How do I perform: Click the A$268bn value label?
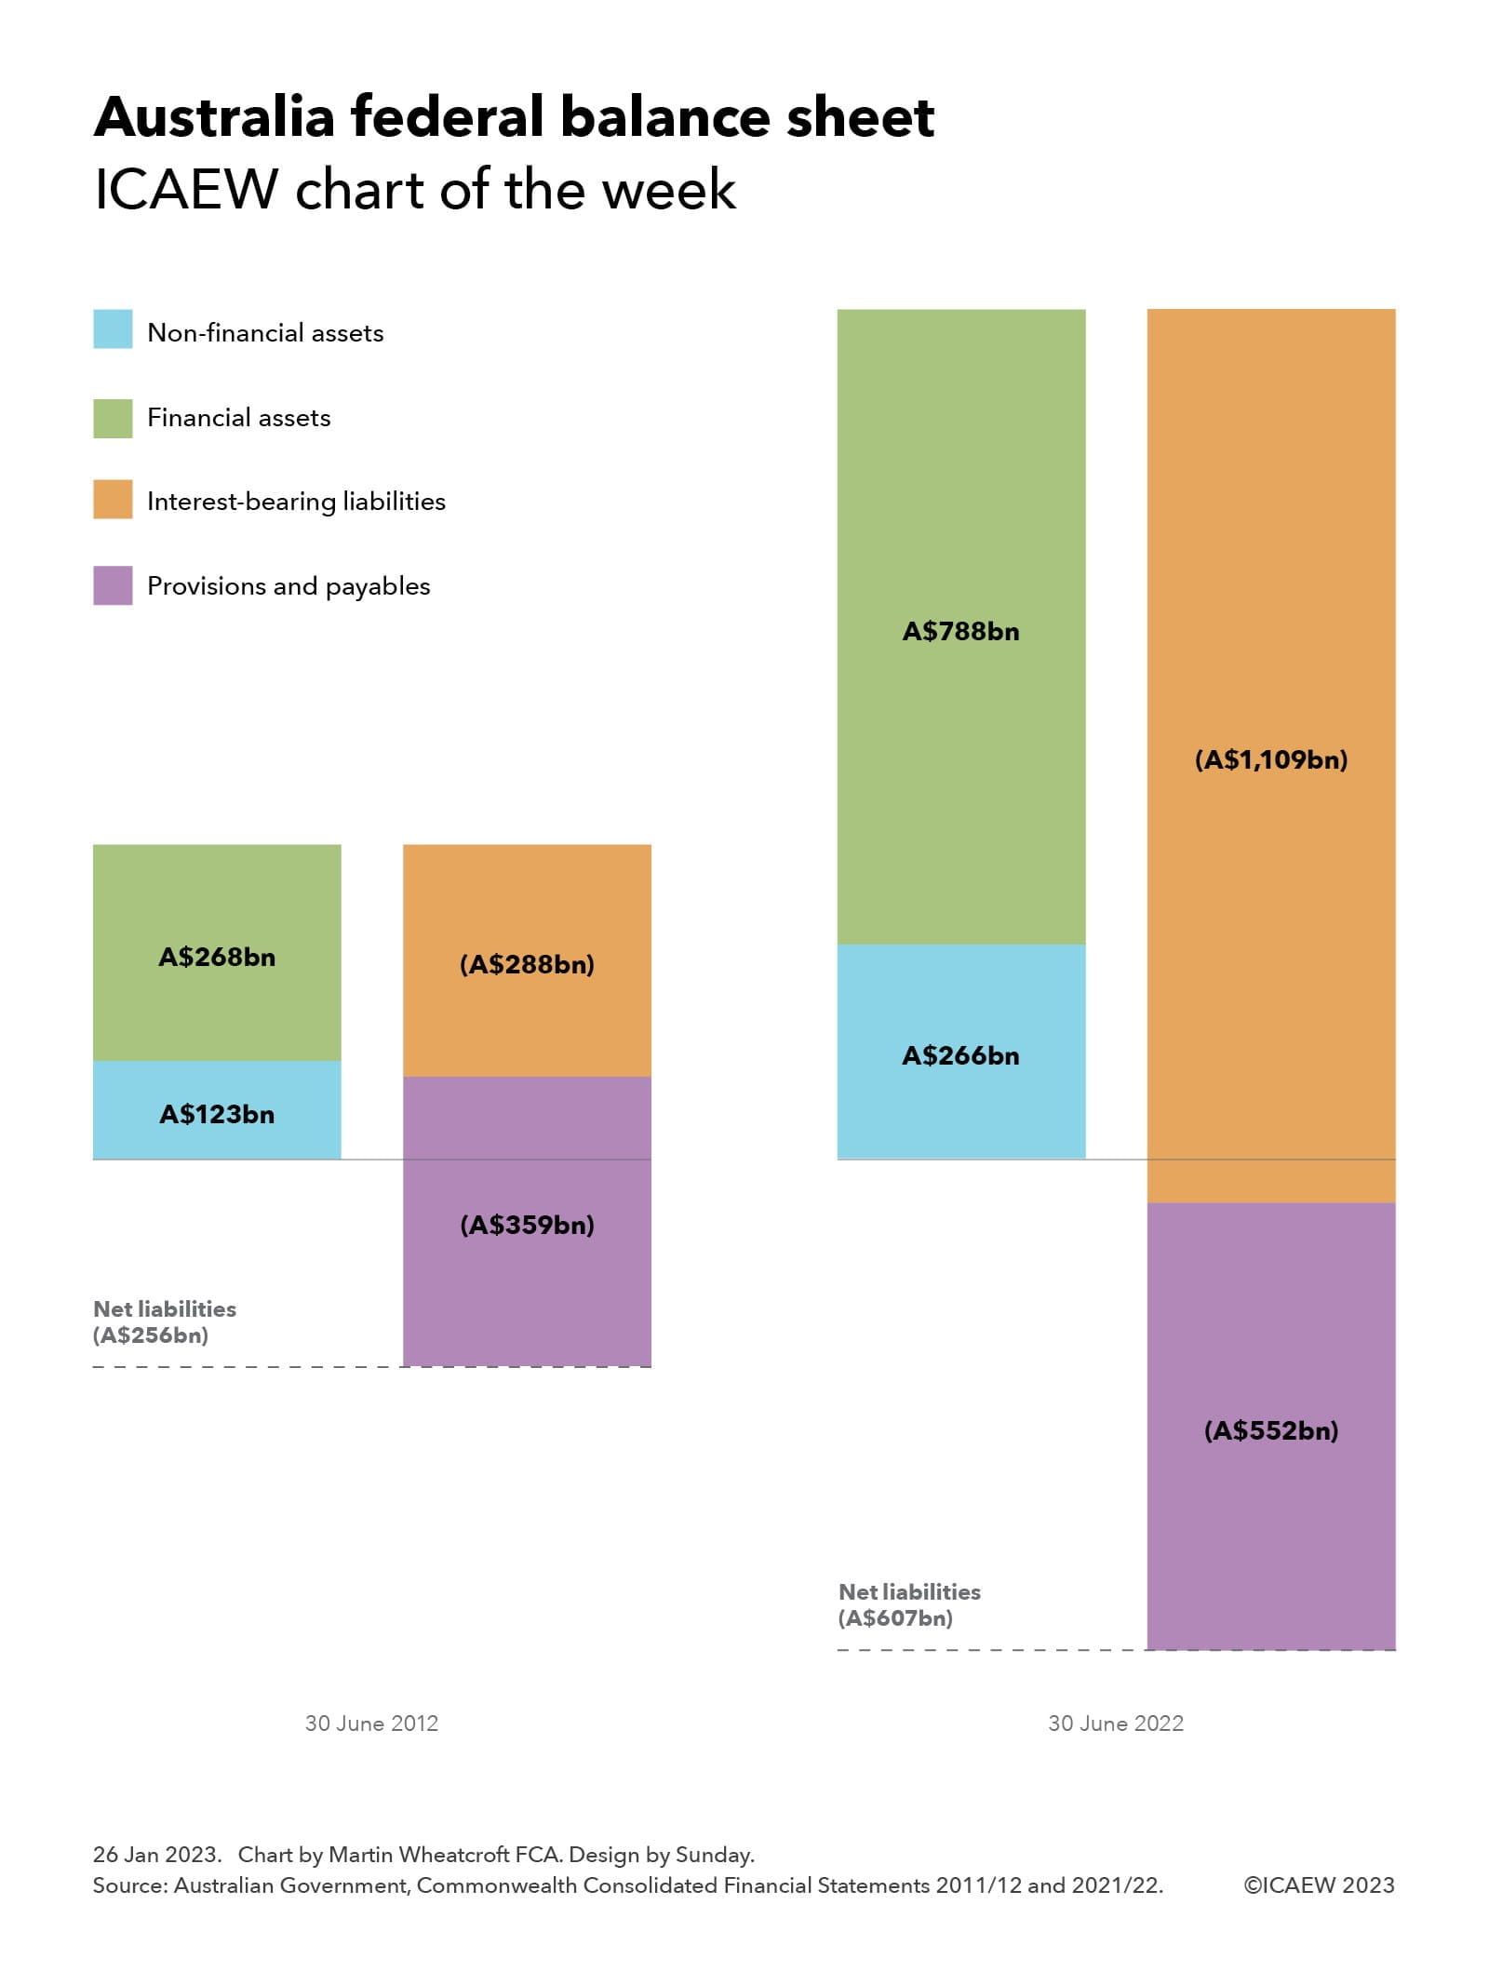point(217,957)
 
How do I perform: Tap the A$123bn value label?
point(217,1114)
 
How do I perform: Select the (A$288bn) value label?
point(527,964)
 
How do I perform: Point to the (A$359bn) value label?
point(527,1225)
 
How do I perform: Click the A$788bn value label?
point(960,632)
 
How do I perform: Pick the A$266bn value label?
point(960,1055)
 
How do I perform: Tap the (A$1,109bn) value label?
point(1271,759)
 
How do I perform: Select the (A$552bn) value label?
point(1271,1430)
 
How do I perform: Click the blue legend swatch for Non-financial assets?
point(113,329)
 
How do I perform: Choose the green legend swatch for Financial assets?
point(113,418)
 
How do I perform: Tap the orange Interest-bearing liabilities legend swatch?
point(113,500)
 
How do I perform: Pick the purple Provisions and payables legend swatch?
point(113,585)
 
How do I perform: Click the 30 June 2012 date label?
point(371,1723)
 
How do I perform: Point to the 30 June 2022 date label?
point(1116,1723)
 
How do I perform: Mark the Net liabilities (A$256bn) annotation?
point(164,1321)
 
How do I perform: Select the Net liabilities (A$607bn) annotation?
point(909,1604)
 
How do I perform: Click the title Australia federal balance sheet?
point(514,117)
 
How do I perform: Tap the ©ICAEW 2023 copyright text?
point(1319,1885)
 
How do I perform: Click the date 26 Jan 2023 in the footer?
point(156,1854)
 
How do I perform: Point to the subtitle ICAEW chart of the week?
point(415,190)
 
